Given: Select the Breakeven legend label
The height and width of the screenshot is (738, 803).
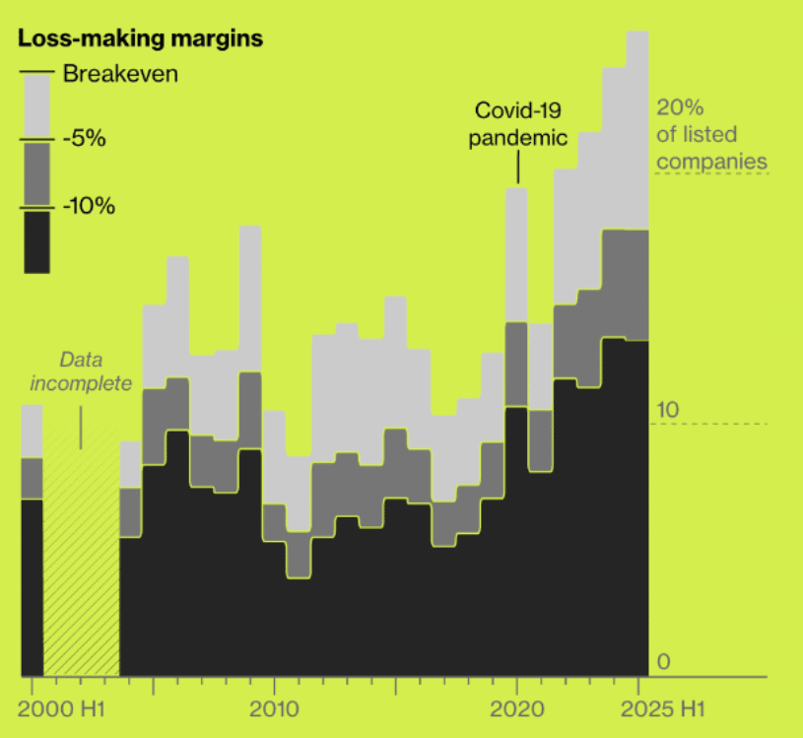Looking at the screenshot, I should click(x=120, y=73).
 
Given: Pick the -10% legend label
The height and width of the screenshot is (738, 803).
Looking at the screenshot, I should click(x=89, y=207).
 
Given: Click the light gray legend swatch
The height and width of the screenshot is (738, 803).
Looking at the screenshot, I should click(x=36, y=106).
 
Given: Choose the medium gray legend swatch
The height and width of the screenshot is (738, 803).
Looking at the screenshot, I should click(x=36, y=173).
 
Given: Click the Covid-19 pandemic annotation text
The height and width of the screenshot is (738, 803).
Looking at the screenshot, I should click(x=518, y=123).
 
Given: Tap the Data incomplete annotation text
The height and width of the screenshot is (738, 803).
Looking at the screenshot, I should click(x=81, y=371).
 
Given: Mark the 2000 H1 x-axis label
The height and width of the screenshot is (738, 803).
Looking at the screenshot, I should click(x=64, y=710).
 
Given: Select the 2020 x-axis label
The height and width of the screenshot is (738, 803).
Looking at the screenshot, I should click(x=517, y=710).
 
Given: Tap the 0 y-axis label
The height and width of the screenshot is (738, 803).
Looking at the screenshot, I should click(x=663, y=661).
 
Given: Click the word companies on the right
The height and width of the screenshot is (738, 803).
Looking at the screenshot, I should click(x=711, y=161).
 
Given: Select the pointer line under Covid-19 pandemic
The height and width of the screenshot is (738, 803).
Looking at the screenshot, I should click(x=518, y=168).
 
